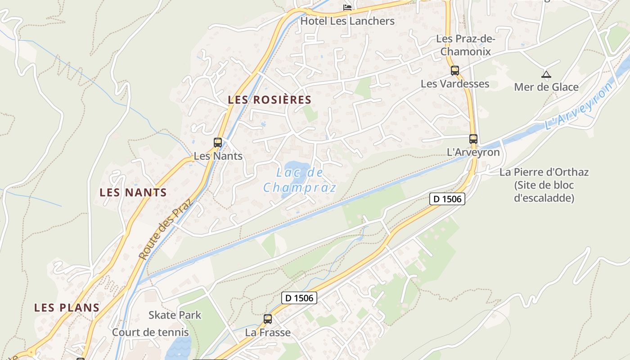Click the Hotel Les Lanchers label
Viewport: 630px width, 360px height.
(x=347, y=21)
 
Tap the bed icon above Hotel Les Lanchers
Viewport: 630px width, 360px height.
(x=347, y=7)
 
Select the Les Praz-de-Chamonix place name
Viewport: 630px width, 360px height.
(x=465, y=45)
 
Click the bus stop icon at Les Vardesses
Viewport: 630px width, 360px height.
(x=455, y=71)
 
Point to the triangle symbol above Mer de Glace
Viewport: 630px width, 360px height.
(x=546, y=74)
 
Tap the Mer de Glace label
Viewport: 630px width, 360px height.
(x=546, y=87)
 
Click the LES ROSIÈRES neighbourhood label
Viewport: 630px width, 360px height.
(x=270, y=100)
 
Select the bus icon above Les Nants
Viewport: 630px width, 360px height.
(x=218, y=143)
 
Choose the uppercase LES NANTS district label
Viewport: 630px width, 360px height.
(x=133, y=193)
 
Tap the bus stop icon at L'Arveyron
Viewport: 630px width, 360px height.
(x=473, y=139)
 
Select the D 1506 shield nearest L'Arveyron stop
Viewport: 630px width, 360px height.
(x=447, y=198)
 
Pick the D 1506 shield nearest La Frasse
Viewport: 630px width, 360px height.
(x=300, y=297)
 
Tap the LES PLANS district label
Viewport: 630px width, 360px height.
(x=67, y=308)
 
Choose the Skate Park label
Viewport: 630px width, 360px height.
(x=175, y=315)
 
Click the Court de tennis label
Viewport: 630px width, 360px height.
(x=150, y=333)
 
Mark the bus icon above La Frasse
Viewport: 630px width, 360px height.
(x=268, y=319)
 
